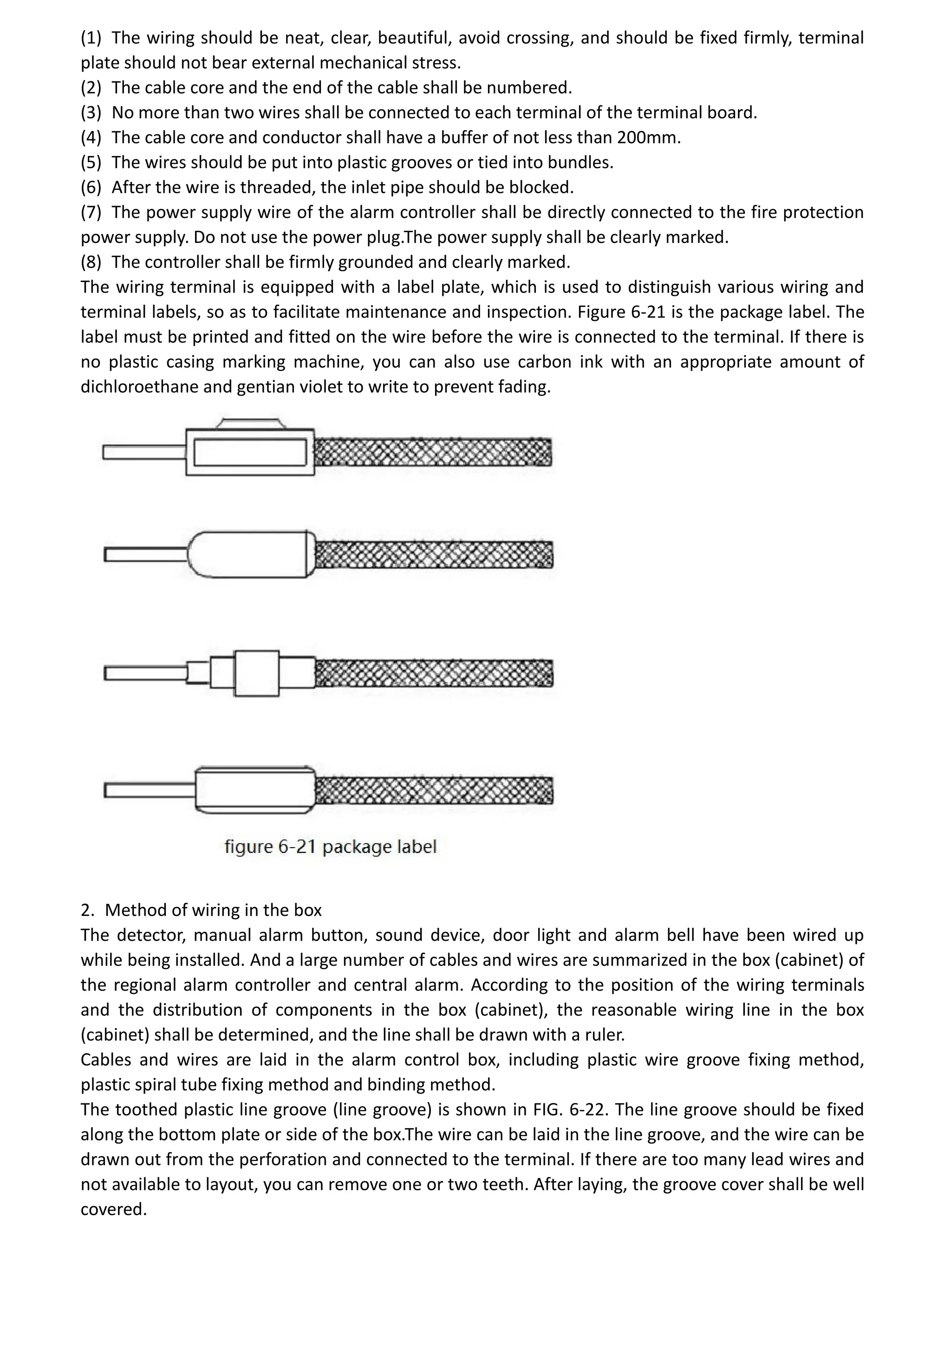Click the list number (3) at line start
(x=91, y=112)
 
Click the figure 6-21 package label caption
(x=330, y=847)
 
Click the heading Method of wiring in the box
(x=213, y=910)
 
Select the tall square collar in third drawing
(x=256, y=673)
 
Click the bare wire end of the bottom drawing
(x=150, y=791)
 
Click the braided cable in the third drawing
(x=433, y=673)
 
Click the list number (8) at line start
(x=91, y=262)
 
